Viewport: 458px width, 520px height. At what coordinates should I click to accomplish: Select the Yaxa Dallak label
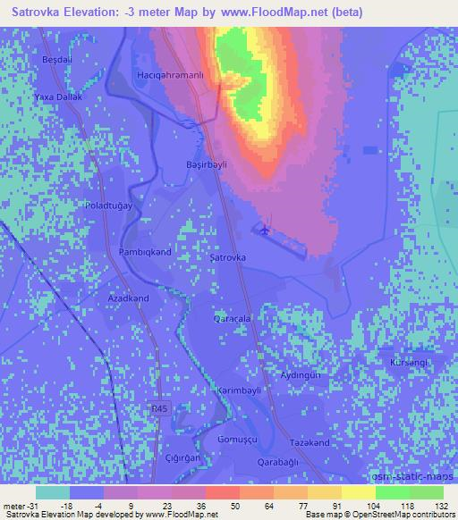58,96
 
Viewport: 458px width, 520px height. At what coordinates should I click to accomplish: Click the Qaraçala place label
230,318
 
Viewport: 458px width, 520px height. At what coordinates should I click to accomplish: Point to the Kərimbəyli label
237,390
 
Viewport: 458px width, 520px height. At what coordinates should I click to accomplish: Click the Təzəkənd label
310,444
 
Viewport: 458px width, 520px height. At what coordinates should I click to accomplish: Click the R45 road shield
158,408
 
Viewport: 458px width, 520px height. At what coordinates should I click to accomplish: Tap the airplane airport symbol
266,231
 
